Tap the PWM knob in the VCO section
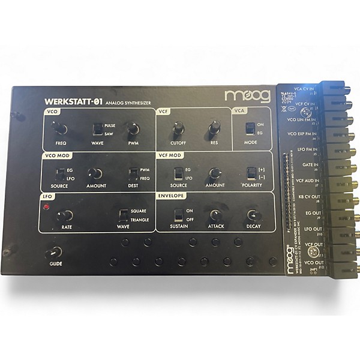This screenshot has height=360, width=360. (x=133, y=128)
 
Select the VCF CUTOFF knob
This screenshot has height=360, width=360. (x=178, y=128)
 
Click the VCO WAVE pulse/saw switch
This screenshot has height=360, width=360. (x=97, y=129)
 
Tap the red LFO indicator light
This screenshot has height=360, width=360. (x=46, y=207)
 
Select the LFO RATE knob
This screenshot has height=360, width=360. (x=68, y=215)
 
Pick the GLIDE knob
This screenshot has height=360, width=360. (x=56, y=253)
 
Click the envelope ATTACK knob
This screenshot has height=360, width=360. (x=215, y=215)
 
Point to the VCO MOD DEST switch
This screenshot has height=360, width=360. (x=133, y=174)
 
